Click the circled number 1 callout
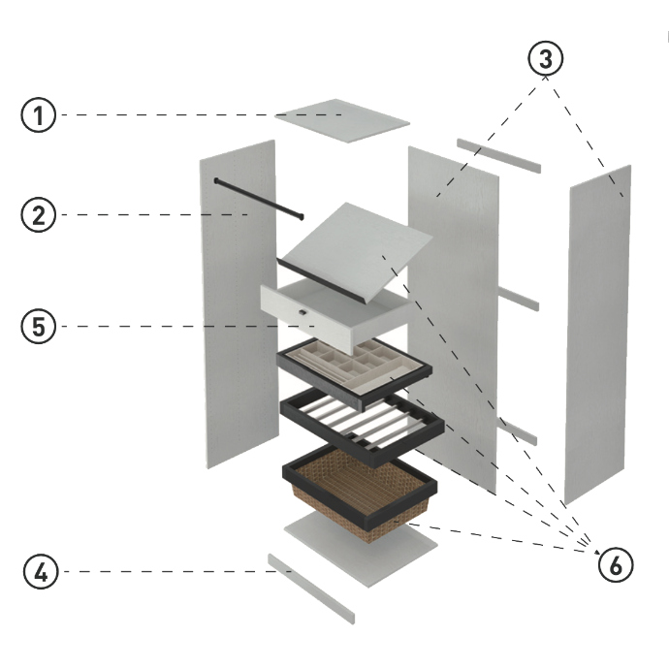pos(38,116)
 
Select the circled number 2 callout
pos(38,214)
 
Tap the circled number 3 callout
pos(546,58)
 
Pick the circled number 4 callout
pos(38,571)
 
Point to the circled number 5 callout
pos(38,327)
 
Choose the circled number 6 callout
pos(615,563)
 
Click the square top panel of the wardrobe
pos(341,119)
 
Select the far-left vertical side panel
pos(239,301)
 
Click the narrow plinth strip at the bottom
pos(312,587)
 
